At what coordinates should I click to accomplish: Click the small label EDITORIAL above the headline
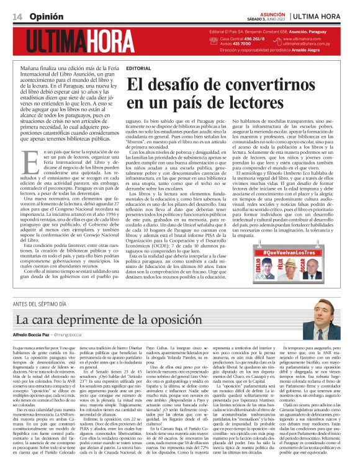pyautogui.click(x=137, y=68)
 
